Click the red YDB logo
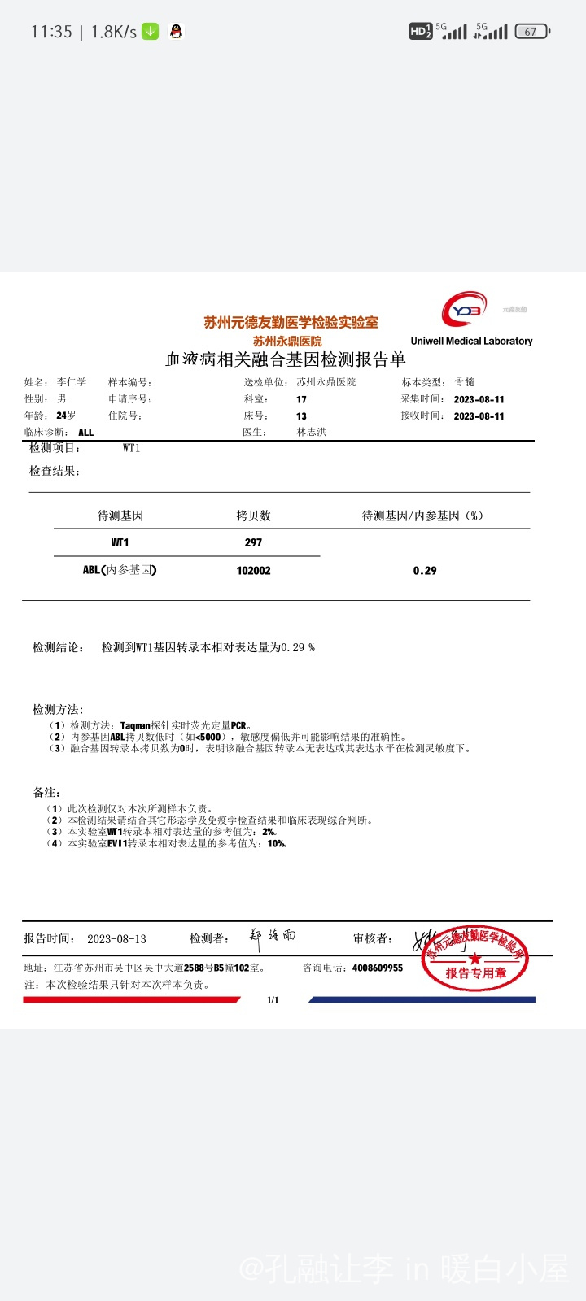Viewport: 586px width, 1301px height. pos(465,309)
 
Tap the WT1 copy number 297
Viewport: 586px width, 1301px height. pos(253,542)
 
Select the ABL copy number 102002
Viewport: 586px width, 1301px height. pos(253,571)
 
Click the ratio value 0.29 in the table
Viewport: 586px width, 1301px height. pos(425,571)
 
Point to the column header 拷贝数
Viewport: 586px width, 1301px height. pos(253,516)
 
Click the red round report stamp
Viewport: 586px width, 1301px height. pos(475,959)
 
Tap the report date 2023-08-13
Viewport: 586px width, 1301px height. pos(116,939)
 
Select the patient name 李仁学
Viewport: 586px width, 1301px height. pos(72,382)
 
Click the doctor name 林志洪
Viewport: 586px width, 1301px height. pos(311,432)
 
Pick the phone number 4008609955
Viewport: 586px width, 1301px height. pos(377,968)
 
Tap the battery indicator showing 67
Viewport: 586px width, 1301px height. pos(531,32)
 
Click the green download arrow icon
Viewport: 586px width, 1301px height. pos(151,32)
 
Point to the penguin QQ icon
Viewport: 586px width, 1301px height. pos(176,32)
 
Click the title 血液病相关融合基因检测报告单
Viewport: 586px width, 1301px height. pos(285,359)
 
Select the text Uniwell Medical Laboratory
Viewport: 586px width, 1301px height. pos(471,341)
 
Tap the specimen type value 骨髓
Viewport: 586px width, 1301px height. pos(464,382)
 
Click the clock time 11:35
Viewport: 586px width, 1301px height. pos(51,32)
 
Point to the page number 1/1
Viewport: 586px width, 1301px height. pos(273,1000)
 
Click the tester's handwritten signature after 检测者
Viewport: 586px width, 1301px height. pos(273,938)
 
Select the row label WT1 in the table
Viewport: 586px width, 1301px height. pos(120,542)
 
